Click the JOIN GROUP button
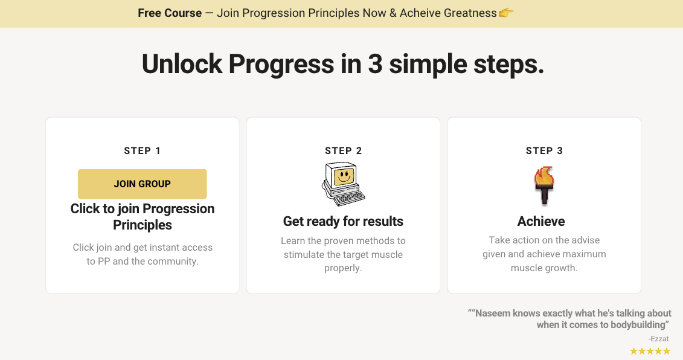coord(143,184)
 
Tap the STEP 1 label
coord(143,151)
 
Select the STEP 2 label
coord(343,151)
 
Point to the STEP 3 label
coord(544,151)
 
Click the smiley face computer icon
coord(343,184)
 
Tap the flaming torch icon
coord(544,186)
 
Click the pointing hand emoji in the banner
coord(506,13)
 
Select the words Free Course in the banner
coord(170,13)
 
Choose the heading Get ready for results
coord(343,222)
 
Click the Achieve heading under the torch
coord(541,222)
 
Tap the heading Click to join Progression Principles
coord(143,217)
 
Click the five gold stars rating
coord(650,351)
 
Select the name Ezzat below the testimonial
coord(658,339)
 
